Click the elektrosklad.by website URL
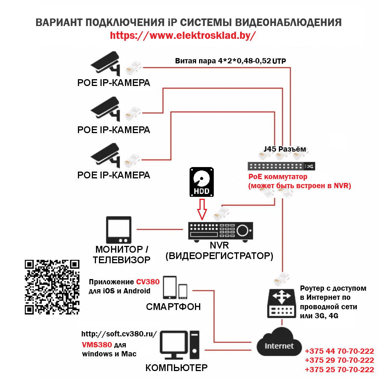pyautogui.click(x=183, y=35)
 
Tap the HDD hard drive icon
pyautogui.click(x=201, y=182)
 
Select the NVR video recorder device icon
pyautogui.click(x=221, y=231)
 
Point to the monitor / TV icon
pyautogui.click(x=119, y=230)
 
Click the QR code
pyautogui.click(x=52, y=287)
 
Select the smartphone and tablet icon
pyautogui.click(x=175, y=288)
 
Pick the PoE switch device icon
pyautogui.click(x=281, y=166)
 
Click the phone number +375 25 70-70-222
pyautogui.click(x=339, y=369)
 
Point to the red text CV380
pyautogui.click(x=148, y=282)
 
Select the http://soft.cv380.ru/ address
pyautogui.click(x=119, y=335)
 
